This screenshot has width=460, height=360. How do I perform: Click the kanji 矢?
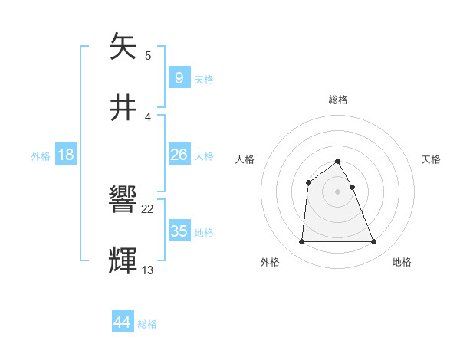coord(124,47)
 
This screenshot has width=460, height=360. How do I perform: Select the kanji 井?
coord(124,106)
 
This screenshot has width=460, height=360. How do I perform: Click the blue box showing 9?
coord(179,77)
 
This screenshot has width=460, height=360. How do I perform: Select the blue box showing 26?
coord(179,155)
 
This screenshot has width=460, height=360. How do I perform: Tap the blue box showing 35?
coord(179,231)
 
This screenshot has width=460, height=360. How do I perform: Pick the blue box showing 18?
coord(66,155)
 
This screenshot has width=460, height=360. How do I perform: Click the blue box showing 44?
coord(123,322)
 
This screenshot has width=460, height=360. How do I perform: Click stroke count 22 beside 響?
coord(148,209)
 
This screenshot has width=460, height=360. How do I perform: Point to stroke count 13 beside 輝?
coord(148,270)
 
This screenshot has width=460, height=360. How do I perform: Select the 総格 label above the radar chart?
coord(338,100)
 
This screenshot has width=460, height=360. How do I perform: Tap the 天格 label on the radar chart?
coord(431,159)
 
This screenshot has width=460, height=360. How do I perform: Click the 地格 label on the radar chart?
coord(402,262)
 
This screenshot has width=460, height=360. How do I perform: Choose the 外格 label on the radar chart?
coord(270,262)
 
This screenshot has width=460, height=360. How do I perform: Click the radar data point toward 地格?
coord(373,242)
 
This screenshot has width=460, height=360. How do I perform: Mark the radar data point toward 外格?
coord(301,242)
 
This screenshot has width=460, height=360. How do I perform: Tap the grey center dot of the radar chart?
coord(337,191)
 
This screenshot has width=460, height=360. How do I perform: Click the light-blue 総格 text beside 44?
coord(147,324)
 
